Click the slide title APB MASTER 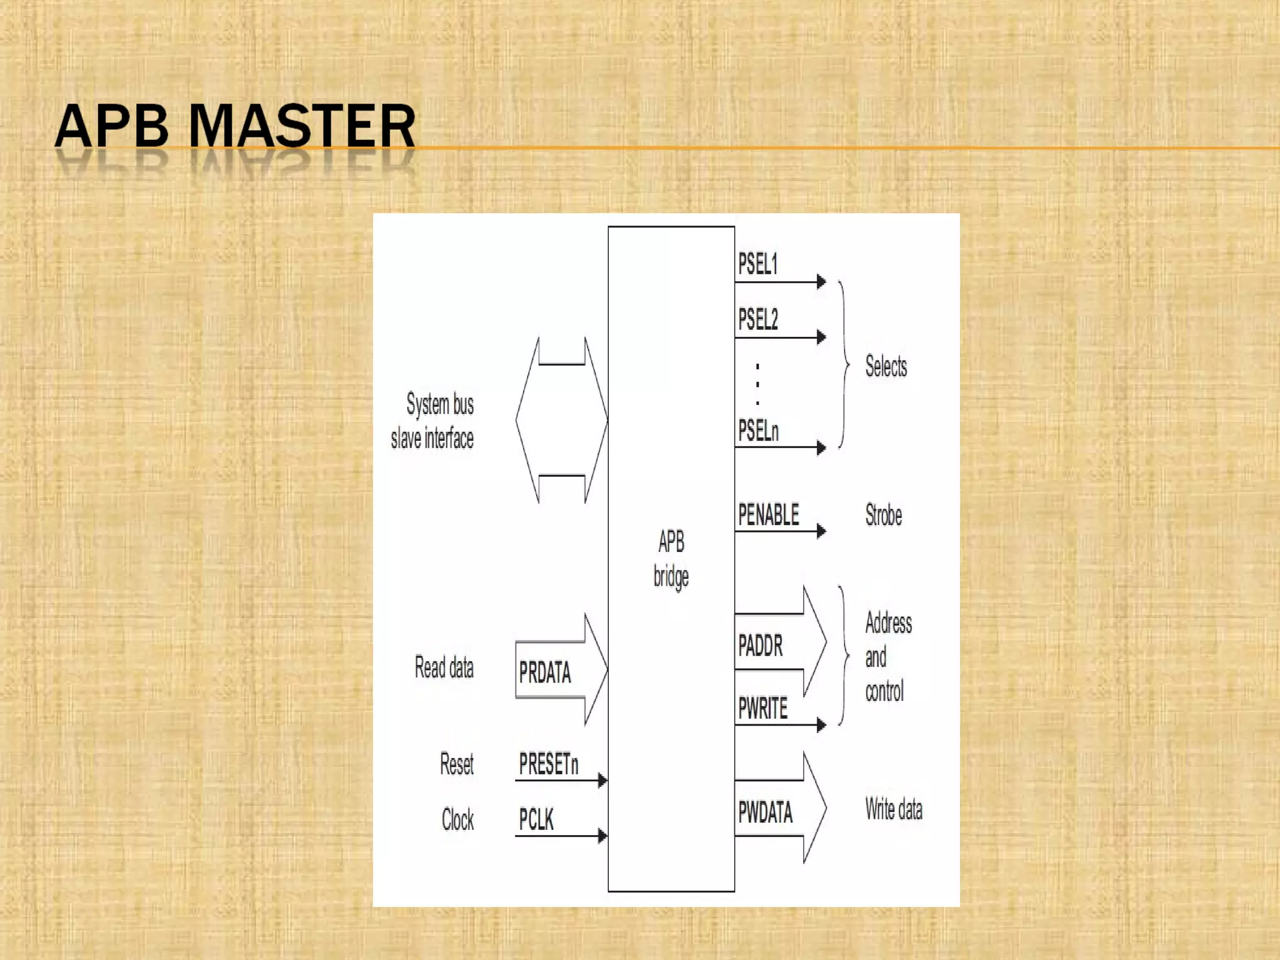pyautogui.click(x=235, y=126)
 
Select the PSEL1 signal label pyautogui.click(x=757, y=264)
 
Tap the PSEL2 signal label pyautogui.click(x=758, y=319)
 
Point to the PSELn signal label pyautogui.click(x=758, y=431)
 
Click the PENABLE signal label pyautogui.click(x=768, y=515)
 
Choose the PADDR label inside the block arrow pyautogui.click(x=760, y=646)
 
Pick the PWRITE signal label pyautogui.click(x=762, y=709)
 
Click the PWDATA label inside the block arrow pyautogui.click(x=765, y=812)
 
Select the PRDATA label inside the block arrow pyautogui.click(x=545, y=672)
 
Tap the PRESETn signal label pyautogui.click(x=548, y=764)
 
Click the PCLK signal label pyautogui.click(x=536, y=819)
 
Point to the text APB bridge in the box pyautogui.click(x=671, y=558)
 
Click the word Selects pyautogui.click(x=886, y=366)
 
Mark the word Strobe pyautogui.click(x=883, y=515)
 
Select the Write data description pyautogui.click(x=894, y=809)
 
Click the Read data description pyautogui.click(x=444, y=667)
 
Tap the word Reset pyautogui.click(x=456, y=764)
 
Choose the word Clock pyautogui.click(x=457, y=819)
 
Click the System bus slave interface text pyautogui.click(x=432, y=421)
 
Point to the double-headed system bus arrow pyautogui.click(x=561, y=420)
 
